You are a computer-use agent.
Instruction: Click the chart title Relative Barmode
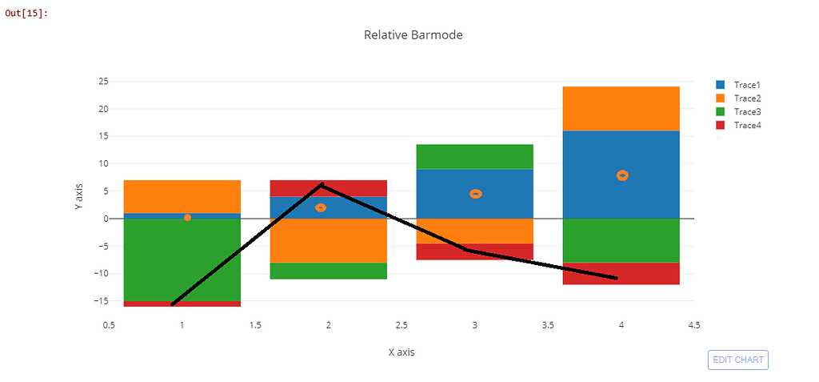[413, 35]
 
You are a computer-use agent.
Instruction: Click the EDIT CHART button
[737, 360]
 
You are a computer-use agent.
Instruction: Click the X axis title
[402, 352]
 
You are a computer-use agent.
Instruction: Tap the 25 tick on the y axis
[103, 82]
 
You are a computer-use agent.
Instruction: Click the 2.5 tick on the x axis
[402, 324]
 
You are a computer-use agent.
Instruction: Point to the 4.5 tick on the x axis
[694, 324]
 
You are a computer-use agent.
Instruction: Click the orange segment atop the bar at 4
[621, 108]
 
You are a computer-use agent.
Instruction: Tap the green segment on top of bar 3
[475, 156]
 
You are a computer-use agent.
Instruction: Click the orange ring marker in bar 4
[622, 175]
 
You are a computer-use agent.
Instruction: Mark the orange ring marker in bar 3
[476, 194]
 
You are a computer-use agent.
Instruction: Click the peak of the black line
[322, 184]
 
